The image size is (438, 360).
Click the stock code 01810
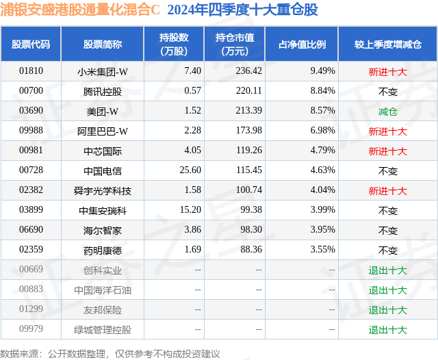31,70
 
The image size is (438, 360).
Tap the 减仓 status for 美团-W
387,111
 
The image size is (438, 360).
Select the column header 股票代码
31,44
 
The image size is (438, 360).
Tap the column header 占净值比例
302,44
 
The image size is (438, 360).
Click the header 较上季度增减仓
387,44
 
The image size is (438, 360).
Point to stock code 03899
31,211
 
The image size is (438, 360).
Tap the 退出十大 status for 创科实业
387,270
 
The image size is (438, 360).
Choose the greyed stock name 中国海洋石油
103,290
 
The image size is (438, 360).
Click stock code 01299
31,310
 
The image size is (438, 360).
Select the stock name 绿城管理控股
103,330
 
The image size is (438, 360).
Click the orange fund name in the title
80,10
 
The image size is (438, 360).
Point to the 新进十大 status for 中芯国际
387,151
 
